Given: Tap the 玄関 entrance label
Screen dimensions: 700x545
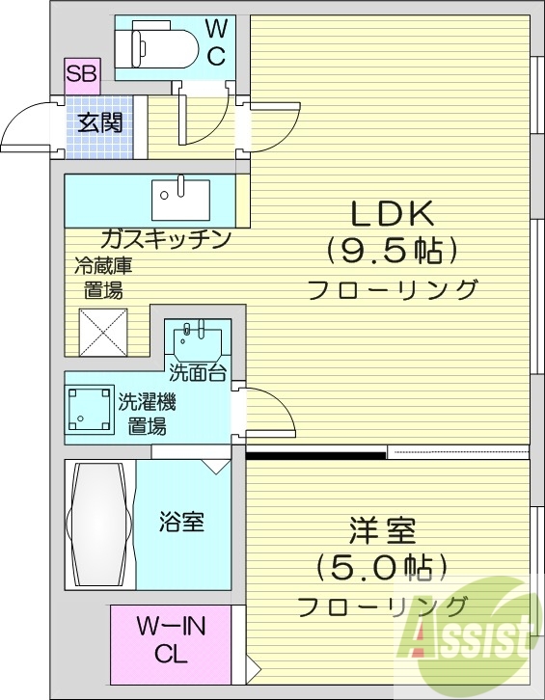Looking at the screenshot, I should (99, 122).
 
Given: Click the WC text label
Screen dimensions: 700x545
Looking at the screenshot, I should (217, 42).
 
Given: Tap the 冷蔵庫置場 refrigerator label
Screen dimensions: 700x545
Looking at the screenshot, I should (101, 278).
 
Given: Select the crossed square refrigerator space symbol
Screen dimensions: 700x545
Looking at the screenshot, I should (103, 333).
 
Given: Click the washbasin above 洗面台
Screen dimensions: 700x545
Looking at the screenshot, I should (199, 341).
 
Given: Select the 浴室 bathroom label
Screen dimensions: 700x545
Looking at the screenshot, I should (181, 523).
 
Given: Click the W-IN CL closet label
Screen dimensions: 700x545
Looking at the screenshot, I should (171, 641).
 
